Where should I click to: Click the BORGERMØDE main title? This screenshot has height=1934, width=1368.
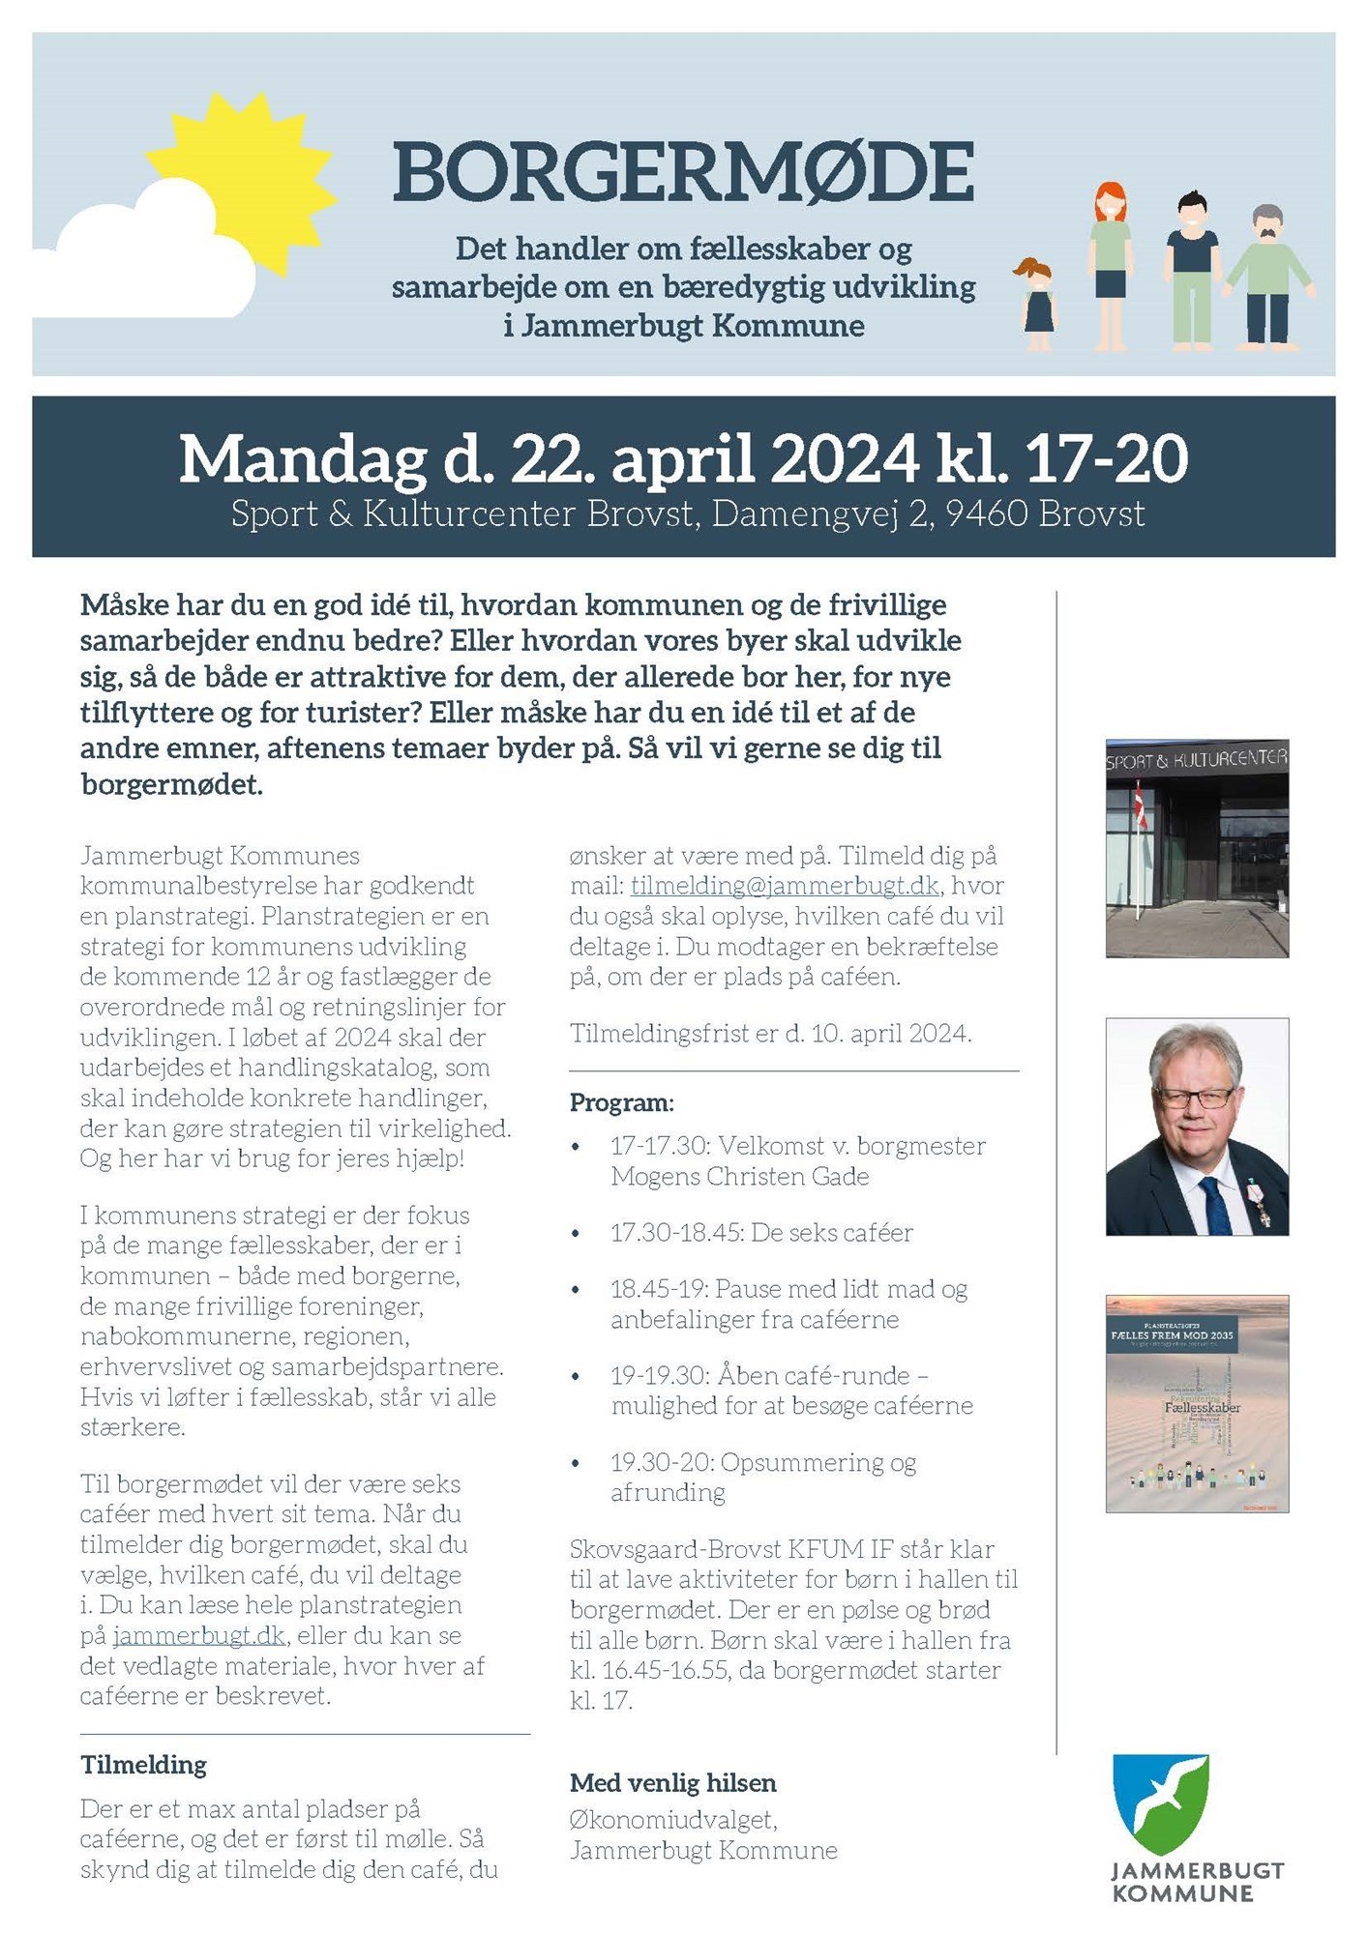tap(683, 172)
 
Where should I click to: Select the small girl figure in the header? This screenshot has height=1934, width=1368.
tap(1037, 305)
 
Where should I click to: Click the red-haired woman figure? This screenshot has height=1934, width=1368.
tap(1111, 266)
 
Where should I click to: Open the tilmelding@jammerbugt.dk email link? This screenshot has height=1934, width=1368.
tap(785, 886)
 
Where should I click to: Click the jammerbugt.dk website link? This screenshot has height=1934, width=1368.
tap(199, 1635)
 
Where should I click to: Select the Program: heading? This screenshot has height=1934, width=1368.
tap(622, 1102)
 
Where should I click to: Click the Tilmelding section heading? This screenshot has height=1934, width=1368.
tap(143, 1765)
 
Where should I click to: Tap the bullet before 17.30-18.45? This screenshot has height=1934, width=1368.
tap(577, 1234)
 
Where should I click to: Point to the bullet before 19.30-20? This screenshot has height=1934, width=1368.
tap(577, 1464)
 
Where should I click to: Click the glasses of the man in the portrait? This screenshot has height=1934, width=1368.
tap(1194, 1098)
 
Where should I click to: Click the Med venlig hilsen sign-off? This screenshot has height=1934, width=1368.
tap(673, 1783)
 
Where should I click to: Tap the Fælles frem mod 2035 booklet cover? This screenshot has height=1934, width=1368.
tap(1198, 1403)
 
